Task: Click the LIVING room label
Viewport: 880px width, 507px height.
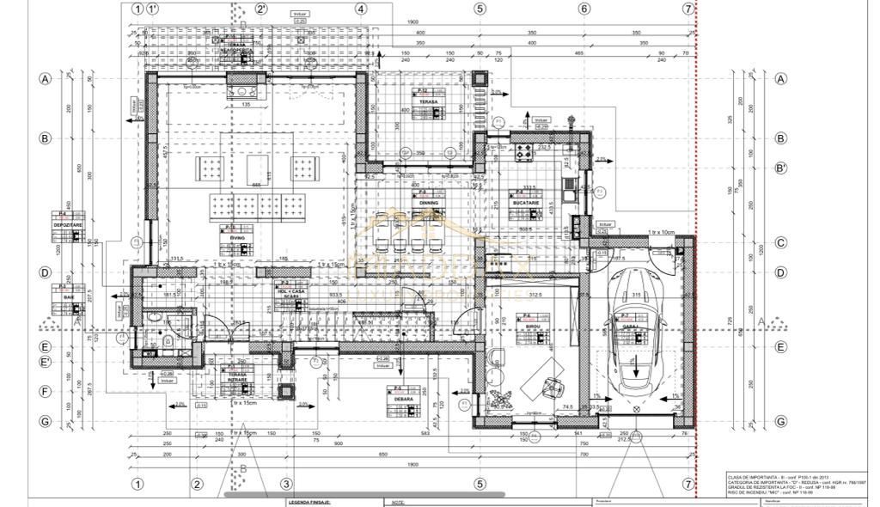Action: click(x=238, y=237)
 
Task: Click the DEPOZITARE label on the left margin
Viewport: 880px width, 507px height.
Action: click(x=67, y=223)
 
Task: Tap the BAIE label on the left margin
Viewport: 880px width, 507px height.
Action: click(x=69, y=296)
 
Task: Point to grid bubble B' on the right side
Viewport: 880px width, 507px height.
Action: click(x=780, y=168)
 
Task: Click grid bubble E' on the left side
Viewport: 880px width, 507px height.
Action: click(x=45, y=362)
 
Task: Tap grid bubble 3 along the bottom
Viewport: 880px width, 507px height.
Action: click(x=287, y=484)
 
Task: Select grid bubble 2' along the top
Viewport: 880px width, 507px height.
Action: click(x=261, y=9)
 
